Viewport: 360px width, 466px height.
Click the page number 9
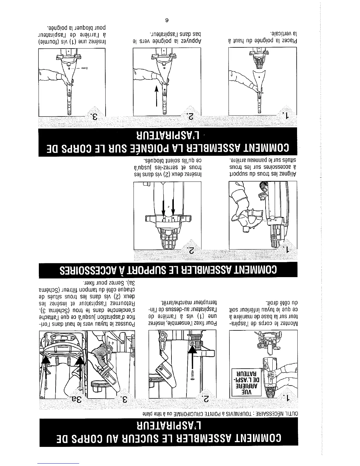tap(166, 20)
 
